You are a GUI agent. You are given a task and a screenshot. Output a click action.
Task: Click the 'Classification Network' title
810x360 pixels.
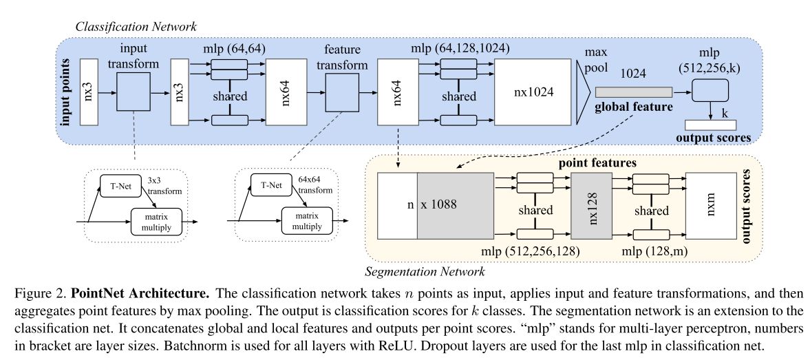tap(137, 26)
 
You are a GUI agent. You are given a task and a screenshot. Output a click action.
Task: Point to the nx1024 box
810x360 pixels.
tap(534, 90)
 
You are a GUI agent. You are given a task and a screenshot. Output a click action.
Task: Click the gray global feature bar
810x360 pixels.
tap(633, 92)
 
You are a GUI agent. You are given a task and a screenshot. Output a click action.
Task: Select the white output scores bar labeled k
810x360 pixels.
tap(710, 125)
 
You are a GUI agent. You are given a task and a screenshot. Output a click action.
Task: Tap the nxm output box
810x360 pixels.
tap(710, 206)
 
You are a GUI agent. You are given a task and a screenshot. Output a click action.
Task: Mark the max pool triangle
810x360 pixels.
tap(584, 90)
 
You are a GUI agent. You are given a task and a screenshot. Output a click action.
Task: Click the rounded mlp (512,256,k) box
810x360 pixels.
tap(710, 91)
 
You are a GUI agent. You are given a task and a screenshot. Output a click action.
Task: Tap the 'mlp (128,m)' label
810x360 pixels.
tap(648, 253)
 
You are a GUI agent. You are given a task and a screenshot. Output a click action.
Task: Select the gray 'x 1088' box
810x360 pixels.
tap(456, 206)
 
